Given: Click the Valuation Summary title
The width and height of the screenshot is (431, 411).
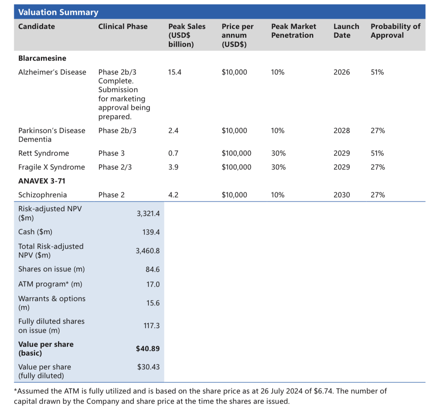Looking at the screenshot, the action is [x=58, y=12].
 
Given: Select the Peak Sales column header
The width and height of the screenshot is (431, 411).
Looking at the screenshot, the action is [x=187, y=35].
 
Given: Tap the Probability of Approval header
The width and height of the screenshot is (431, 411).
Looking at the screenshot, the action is [x=396, y=31].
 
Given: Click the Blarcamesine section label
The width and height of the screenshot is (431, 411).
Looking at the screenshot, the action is [x=42, y=58].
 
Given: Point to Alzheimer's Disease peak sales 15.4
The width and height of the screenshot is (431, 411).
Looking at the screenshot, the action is [x=175, y=72].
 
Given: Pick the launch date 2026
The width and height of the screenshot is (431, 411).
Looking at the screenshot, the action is [x=342, y=72].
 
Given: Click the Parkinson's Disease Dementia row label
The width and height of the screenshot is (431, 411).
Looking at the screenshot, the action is [x=52, y=135].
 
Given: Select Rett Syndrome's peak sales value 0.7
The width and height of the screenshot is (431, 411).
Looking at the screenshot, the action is [x=173, y=153].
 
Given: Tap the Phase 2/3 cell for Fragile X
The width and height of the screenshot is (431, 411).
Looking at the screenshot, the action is [x=115, y=167].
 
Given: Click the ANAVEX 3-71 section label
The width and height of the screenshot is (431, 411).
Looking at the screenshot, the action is [x=42, y=181].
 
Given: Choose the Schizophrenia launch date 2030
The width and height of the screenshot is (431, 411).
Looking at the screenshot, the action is [x=342, y=195].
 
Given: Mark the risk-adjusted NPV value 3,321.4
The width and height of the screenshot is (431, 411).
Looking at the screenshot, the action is [x=148, y=213].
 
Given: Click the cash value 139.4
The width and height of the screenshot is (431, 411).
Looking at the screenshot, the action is [x=151, y=232].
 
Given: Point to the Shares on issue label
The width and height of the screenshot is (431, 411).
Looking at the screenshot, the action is [x=52, y=269].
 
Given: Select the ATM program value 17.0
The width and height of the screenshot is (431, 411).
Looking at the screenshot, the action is [x=153, y=284].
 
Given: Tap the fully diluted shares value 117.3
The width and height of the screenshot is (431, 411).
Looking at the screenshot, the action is [x=151, y=326].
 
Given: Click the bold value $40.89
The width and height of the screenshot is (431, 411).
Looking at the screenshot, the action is [x=148, y=349].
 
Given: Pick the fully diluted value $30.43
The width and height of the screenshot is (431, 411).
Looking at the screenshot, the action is [x=148, y=367].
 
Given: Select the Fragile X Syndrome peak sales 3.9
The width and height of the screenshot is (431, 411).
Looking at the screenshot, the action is [x=173, y=167].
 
